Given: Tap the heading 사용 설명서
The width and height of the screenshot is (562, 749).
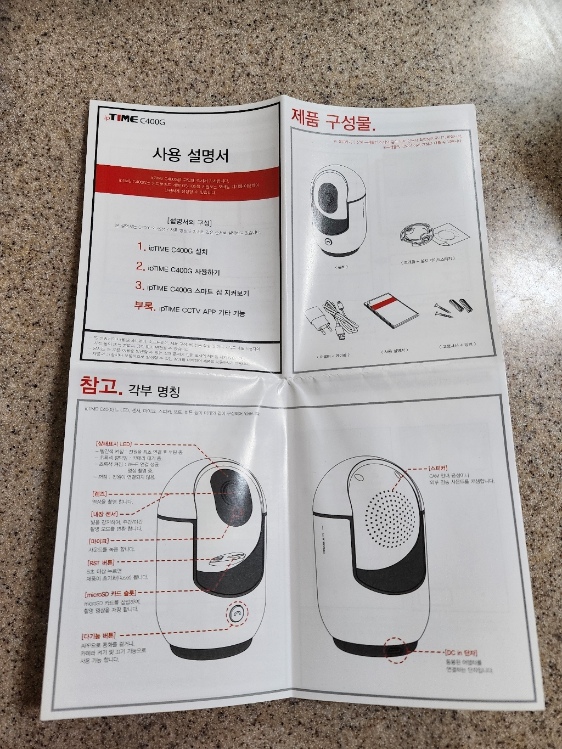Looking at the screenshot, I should (190, 155).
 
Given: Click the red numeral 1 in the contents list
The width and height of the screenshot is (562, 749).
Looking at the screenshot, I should (142, 246).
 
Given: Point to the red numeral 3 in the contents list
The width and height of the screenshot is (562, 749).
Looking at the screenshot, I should (139, 286).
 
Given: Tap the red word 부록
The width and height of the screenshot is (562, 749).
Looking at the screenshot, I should (145, 306).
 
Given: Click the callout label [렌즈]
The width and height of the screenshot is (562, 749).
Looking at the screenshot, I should (100, 493).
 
